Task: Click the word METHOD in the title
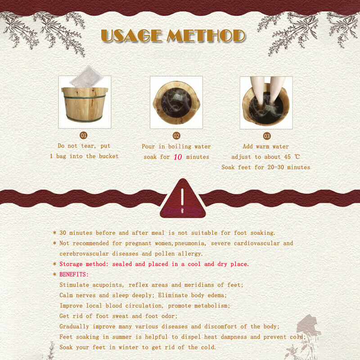(x=206, y=36)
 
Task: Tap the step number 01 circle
(x=84, y=135)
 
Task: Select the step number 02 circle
(x=176, y=136)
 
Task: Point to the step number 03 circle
(x=267, y=136)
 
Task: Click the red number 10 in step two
(x=178, y=157)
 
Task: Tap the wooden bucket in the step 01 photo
(x=85, y=104)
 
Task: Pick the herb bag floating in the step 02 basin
(x=177, y=98)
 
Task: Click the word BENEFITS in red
(x=73, y=274)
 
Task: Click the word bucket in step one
(x=109, y=156)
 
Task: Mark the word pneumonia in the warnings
(x=190, y=243)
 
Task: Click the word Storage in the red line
(x=71, y=264)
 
